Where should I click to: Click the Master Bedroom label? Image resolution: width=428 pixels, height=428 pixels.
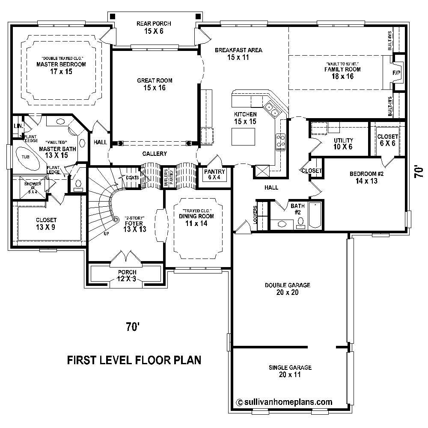61,65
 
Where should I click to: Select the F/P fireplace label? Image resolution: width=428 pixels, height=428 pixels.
396,73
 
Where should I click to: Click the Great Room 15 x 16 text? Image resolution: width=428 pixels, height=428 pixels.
149,84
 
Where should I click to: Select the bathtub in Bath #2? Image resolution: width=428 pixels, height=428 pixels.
315,215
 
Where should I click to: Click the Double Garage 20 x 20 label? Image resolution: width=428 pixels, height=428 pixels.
287,289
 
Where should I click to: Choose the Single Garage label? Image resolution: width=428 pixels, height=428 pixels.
290,371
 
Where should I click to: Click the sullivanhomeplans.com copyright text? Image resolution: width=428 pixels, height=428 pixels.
284,402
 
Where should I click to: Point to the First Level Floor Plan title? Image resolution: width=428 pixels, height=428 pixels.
134,360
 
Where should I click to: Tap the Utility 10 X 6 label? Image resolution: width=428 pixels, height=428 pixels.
343,143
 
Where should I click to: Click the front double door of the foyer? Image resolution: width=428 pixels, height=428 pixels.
125,257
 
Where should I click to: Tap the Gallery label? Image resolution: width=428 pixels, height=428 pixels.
155,154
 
